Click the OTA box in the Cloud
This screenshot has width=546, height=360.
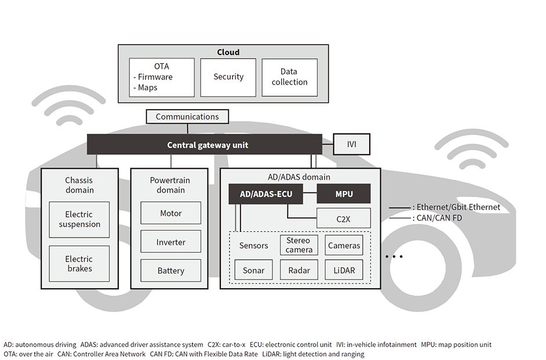click(x=162, y=77)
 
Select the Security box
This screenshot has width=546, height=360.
click(x=228, y=77)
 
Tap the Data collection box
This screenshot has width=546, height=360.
click(x=289, y=77)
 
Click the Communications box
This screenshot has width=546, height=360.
click(x=187, y=117)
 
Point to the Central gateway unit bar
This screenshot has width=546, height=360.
click(x=205, y=144)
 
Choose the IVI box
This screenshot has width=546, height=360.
click(x=351, y=144)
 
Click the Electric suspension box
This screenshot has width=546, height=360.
click(x=79, y=220)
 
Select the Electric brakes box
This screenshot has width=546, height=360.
click(x=79, y=264)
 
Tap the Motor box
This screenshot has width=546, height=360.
click(x=171, y=213)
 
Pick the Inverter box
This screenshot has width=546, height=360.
click(x=171, y=242)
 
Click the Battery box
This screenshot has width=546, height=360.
click(x=171, y=271)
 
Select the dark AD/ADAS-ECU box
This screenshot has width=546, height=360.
click(x=265, y=194)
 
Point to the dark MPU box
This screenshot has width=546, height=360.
click(x=344, y=194)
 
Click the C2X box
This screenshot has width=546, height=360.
click(x=344, y=218)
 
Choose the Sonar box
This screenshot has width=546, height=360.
click(x=253, y=270)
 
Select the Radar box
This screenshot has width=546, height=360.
click(x=299, y=270)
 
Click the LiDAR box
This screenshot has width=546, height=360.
click(x=344, y=270)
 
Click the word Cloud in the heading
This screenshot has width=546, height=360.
click(x=228, y=52)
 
